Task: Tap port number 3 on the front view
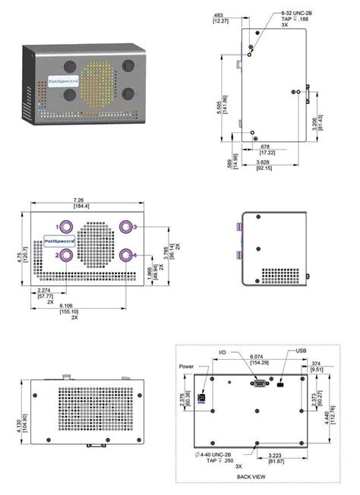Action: click(x=125, y=227)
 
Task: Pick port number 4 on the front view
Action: click(x=125, y=255)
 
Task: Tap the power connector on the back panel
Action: click(x=203, y=397)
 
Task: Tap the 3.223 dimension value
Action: click(x=275, y=456)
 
